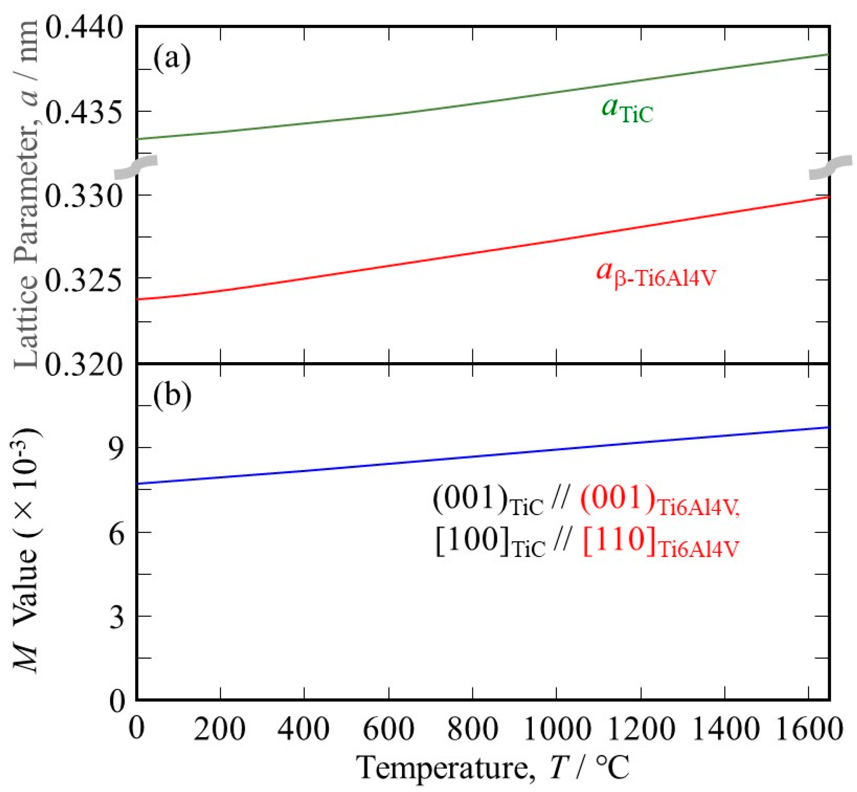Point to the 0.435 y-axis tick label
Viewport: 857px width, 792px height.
click(84, 113)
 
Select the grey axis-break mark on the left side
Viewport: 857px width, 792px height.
click(136, 167)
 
